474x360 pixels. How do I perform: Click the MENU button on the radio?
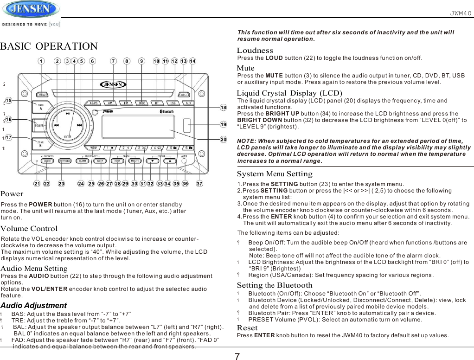[x=42, y=95]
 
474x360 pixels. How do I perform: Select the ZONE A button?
[x=41, y=107]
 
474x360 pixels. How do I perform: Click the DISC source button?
[x=141, y=103]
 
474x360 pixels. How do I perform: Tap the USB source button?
[x=173, y=103]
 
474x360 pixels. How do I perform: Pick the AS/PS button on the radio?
[x=93, y=103]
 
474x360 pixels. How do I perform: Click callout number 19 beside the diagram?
[x=223, y=124]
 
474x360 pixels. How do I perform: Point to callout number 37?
[x=200, y=184]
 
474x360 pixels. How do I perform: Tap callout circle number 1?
[x=41, y=61]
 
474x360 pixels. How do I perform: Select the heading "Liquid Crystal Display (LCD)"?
[x=289, y=93]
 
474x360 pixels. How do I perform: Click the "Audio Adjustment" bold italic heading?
[x=33, y=306]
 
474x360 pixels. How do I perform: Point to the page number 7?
[x=237, y=356]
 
